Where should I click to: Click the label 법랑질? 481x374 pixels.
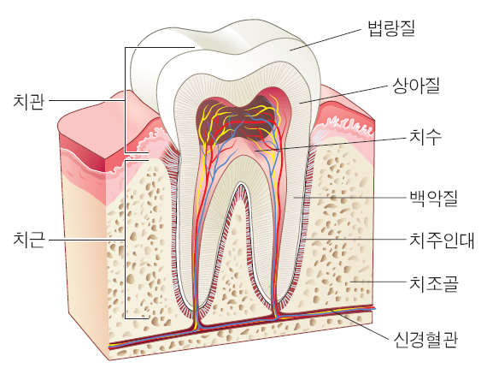[391, 28]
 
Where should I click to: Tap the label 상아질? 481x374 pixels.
[416, 86]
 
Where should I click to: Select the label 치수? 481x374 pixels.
[425, 137]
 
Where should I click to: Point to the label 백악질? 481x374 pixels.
[434, 199]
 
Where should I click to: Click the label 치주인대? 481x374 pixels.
[442, 240]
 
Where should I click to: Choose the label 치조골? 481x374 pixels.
[434, 283]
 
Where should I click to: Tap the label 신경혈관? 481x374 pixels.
[425, 339]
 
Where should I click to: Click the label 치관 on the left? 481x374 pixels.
[29, 101]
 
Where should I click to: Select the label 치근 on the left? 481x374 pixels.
[29, 240]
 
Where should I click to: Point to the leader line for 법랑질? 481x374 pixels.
[326, 39]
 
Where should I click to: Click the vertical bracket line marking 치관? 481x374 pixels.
[125, 100]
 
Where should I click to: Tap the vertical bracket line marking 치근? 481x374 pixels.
[125, 240]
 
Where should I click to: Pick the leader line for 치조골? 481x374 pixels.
[378, 282]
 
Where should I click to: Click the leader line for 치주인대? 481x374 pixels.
[356, 239]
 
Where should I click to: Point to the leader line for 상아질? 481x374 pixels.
[343, 95]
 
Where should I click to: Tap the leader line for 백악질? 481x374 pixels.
[349, 198]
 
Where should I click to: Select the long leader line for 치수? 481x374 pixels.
[331, 145]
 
